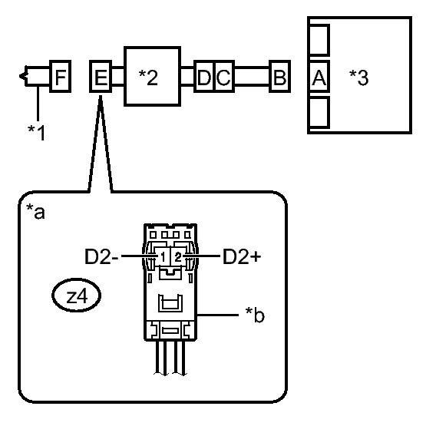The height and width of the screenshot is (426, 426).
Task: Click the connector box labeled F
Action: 61,76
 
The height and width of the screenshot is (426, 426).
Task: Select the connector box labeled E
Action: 101,76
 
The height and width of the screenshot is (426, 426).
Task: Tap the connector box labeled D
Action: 204,76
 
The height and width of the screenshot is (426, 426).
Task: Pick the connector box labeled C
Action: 225,76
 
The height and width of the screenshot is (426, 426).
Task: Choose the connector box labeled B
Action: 279,76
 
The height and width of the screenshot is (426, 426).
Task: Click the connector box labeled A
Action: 319,76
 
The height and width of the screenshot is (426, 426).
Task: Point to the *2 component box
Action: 153,76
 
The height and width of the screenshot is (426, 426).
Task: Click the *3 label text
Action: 359,78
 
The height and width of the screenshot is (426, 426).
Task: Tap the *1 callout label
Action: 36,133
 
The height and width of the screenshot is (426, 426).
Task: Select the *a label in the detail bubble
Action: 35,212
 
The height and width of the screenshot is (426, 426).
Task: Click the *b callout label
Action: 255,315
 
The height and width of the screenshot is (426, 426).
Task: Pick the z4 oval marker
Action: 76,296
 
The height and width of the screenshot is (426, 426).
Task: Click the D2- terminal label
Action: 101,256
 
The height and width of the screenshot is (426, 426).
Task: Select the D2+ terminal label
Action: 242,256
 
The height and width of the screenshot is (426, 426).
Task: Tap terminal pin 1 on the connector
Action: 163,256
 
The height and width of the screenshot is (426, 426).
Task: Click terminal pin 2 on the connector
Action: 178,256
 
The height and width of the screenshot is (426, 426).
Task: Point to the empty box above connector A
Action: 319,40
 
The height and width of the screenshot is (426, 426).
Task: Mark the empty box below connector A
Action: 319,112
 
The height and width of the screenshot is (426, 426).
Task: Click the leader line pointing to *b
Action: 218,315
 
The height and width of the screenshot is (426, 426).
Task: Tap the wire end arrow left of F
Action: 23,76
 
